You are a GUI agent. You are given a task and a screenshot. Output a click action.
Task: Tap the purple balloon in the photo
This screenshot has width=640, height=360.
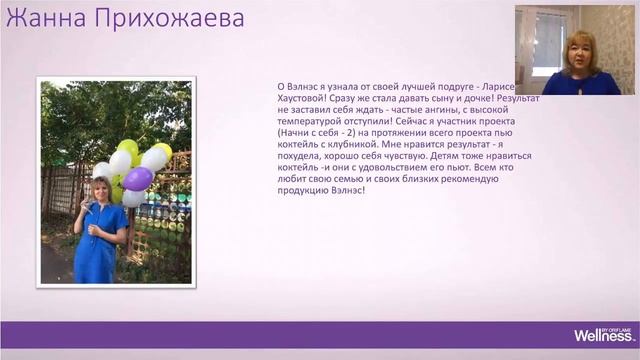click(138, 178)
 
